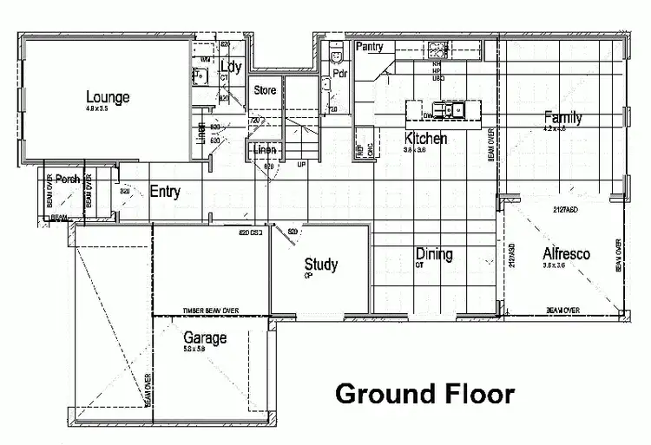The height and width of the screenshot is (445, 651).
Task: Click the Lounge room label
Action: (x=108, y=96)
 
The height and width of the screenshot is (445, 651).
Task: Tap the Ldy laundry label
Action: (x=231, y=67)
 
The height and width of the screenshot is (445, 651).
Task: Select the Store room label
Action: (x=265, y=90)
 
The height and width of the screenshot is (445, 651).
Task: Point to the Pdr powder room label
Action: (x=340, y=74)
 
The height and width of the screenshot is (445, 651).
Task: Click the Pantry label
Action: (x=370, y=46)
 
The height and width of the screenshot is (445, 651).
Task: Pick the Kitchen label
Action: (x=426, y=139)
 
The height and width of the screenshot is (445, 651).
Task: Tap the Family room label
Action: (x=562, y=117)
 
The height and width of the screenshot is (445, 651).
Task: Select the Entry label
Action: (x=165, y=191)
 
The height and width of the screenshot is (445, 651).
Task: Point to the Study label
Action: (x=320, y=265)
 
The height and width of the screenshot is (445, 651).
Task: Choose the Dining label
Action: (x=433, y=254)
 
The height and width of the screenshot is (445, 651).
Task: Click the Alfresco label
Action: (x=566, y=254)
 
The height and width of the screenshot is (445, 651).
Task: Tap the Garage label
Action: (x=205, y=337)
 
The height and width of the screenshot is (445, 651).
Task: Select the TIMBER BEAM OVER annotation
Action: (x=210, y=310)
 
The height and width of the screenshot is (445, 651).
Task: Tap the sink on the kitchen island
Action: (x=452, y=110)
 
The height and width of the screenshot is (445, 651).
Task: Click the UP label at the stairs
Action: (x=301, y=164)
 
